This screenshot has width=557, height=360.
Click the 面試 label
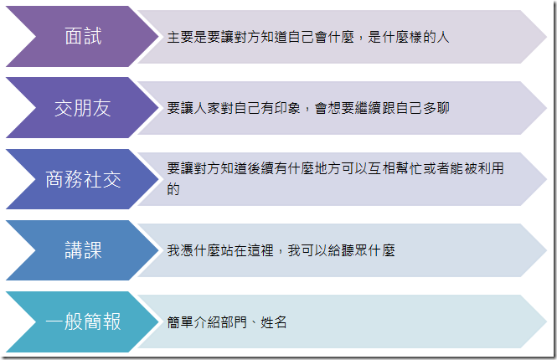point(83,36)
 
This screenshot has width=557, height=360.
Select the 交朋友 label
point(83,108)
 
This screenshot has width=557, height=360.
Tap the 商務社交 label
point(83,179)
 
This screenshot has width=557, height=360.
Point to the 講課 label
point(83,250)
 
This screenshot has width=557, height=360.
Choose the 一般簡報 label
point(83,321)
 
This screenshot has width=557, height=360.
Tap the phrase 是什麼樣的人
point(409,37)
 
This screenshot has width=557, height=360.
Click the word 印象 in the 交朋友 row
point(287,108)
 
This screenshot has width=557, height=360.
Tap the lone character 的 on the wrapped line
point(173,189)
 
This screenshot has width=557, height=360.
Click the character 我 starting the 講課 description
point(173,250)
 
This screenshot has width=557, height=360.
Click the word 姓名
point(274,322)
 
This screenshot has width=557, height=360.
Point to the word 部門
point(234,322)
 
